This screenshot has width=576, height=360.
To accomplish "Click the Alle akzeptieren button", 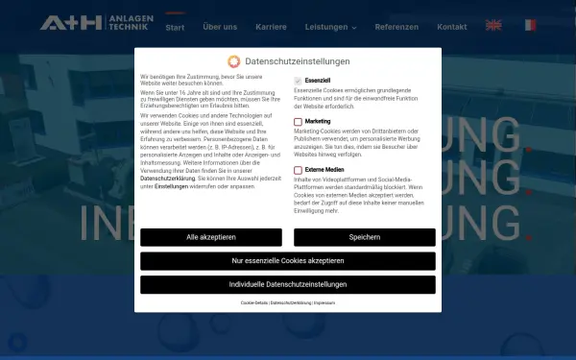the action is (x=211, y=237).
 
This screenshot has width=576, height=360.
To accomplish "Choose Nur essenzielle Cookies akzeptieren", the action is (x=288, y=261).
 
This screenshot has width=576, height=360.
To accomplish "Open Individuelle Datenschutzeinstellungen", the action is (x=288, y=285).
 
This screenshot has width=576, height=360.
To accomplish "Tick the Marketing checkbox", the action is (x=299, y=122).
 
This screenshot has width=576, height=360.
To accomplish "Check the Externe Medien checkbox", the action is (x=299, y=170).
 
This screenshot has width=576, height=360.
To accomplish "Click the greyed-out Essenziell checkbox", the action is (x=299, y=80).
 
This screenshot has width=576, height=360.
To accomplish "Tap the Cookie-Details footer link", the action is (x=254, y=302).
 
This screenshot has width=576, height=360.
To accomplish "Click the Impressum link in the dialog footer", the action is (x=324, y=302).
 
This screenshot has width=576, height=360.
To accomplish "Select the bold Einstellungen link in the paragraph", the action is (x=172, y=186).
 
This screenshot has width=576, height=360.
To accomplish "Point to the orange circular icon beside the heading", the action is (x=233, y=61).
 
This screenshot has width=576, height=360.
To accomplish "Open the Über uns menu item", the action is (x=220, y=27).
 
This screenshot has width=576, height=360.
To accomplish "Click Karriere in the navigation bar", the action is (x=271, y=27).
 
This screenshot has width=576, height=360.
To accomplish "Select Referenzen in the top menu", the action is (x=396, y=27).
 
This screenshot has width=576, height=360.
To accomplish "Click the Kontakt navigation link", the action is (x=452, y=27).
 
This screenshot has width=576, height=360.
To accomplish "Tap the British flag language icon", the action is (x=493, y=26).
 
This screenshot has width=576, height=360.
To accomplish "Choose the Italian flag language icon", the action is (x=530, y=26).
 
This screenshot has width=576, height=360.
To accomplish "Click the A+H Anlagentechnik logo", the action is (x=94, y=21).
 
